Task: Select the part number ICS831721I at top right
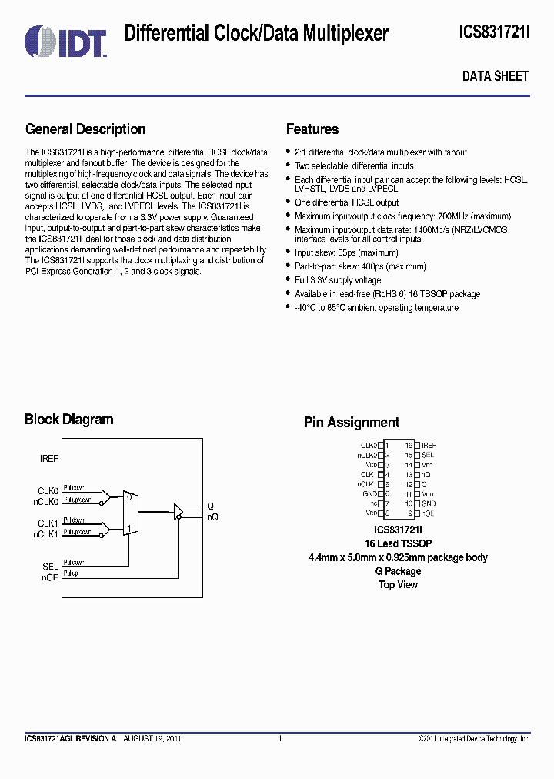[x=494, y=32]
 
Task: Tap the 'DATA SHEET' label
[x=495, y=76]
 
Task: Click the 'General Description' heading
[x=85, y=129]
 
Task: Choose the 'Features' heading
[x=312, y=129]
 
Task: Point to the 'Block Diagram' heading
[x=68, y=420]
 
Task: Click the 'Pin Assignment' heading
[x=351, y=423]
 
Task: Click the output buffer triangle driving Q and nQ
[x=179, y=510]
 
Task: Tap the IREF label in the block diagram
[x=49, y=459]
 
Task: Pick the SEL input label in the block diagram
[x=51, y=566]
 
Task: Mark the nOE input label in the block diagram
[x=50, y=575]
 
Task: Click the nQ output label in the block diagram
[x=212, y=517]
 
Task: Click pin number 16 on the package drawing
[x=409, y=446]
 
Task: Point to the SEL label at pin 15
[x=428, y=455]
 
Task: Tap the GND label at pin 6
[x=370, y=493]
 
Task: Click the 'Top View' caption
[x=398, y=585]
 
